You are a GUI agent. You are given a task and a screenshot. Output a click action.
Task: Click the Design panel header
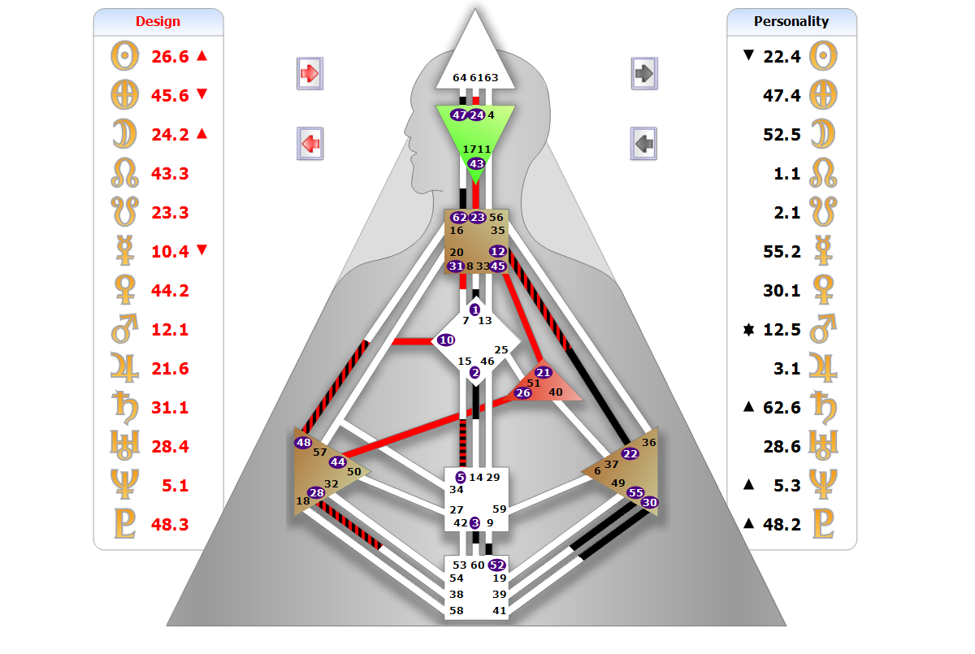click(158, 22)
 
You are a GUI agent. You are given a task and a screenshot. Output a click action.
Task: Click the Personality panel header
click(791, 22)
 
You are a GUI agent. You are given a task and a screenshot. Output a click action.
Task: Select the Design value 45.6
click(170, 96)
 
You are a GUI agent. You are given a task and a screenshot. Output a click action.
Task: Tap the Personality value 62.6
click(782, 408)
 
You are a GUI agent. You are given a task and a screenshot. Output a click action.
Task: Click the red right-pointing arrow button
click(310, 73)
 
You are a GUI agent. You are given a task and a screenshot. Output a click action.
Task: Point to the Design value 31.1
click(170, 408)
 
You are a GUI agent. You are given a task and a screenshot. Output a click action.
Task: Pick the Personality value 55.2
click(782, 252)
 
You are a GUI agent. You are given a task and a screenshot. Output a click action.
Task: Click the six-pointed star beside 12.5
click(748, 330)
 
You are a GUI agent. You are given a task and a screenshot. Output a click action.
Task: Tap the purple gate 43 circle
click(476, 164)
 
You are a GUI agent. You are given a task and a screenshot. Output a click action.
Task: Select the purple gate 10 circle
click(446, 340)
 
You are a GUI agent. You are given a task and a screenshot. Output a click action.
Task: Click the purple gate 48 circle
click(303, 443)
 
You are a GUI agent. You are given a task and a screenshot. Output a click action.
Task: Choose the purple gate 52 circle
click(497, 565)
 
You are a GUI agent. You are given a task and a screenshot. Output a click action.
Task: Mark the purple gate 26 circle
click(523, 393)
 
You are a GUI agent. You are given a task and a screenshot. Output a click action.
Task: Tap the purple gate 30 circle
click(649, 503)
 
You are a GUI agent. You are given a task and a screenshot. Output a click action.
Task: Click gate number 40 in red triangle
click(556, 392)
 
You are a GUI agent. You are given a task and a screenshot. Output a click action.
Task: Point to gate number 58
click(457, 610)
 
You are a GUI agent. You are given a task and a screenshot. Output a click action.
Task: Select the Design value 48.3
click(170, 525)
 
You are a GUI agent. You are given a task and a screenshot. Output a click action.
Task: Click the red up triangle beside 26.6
click(202, 56)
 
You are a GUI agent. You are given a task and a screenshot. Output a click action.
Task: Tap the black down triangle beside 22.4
click(748, 56)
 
